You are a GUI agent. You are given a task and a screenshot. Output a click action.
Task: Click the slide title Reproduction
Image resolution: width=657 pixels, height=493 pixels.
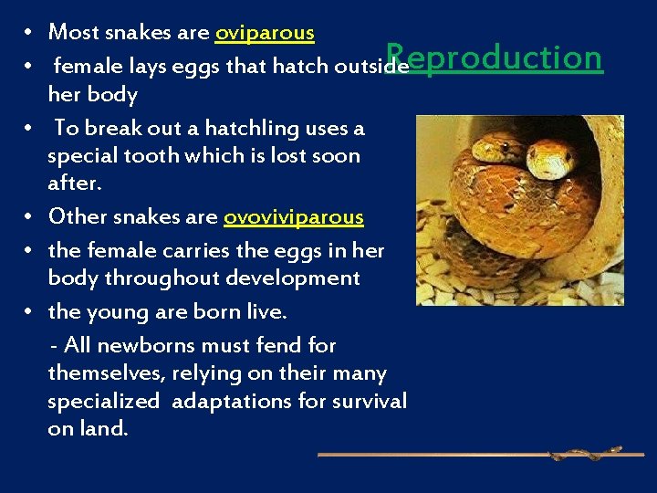[494, 58]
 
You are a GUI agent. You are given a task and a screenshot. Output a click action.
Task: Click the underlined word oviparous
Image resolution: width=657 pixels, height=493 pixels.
[265, 33]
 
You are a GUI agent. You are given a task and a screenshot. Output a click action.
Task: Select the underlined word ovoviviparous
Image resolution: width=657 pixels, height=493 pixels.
[293, 217]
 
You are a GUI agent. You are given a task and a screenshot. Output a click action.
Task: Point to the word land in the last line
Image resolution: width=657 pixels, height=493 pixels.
[101, 429]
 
